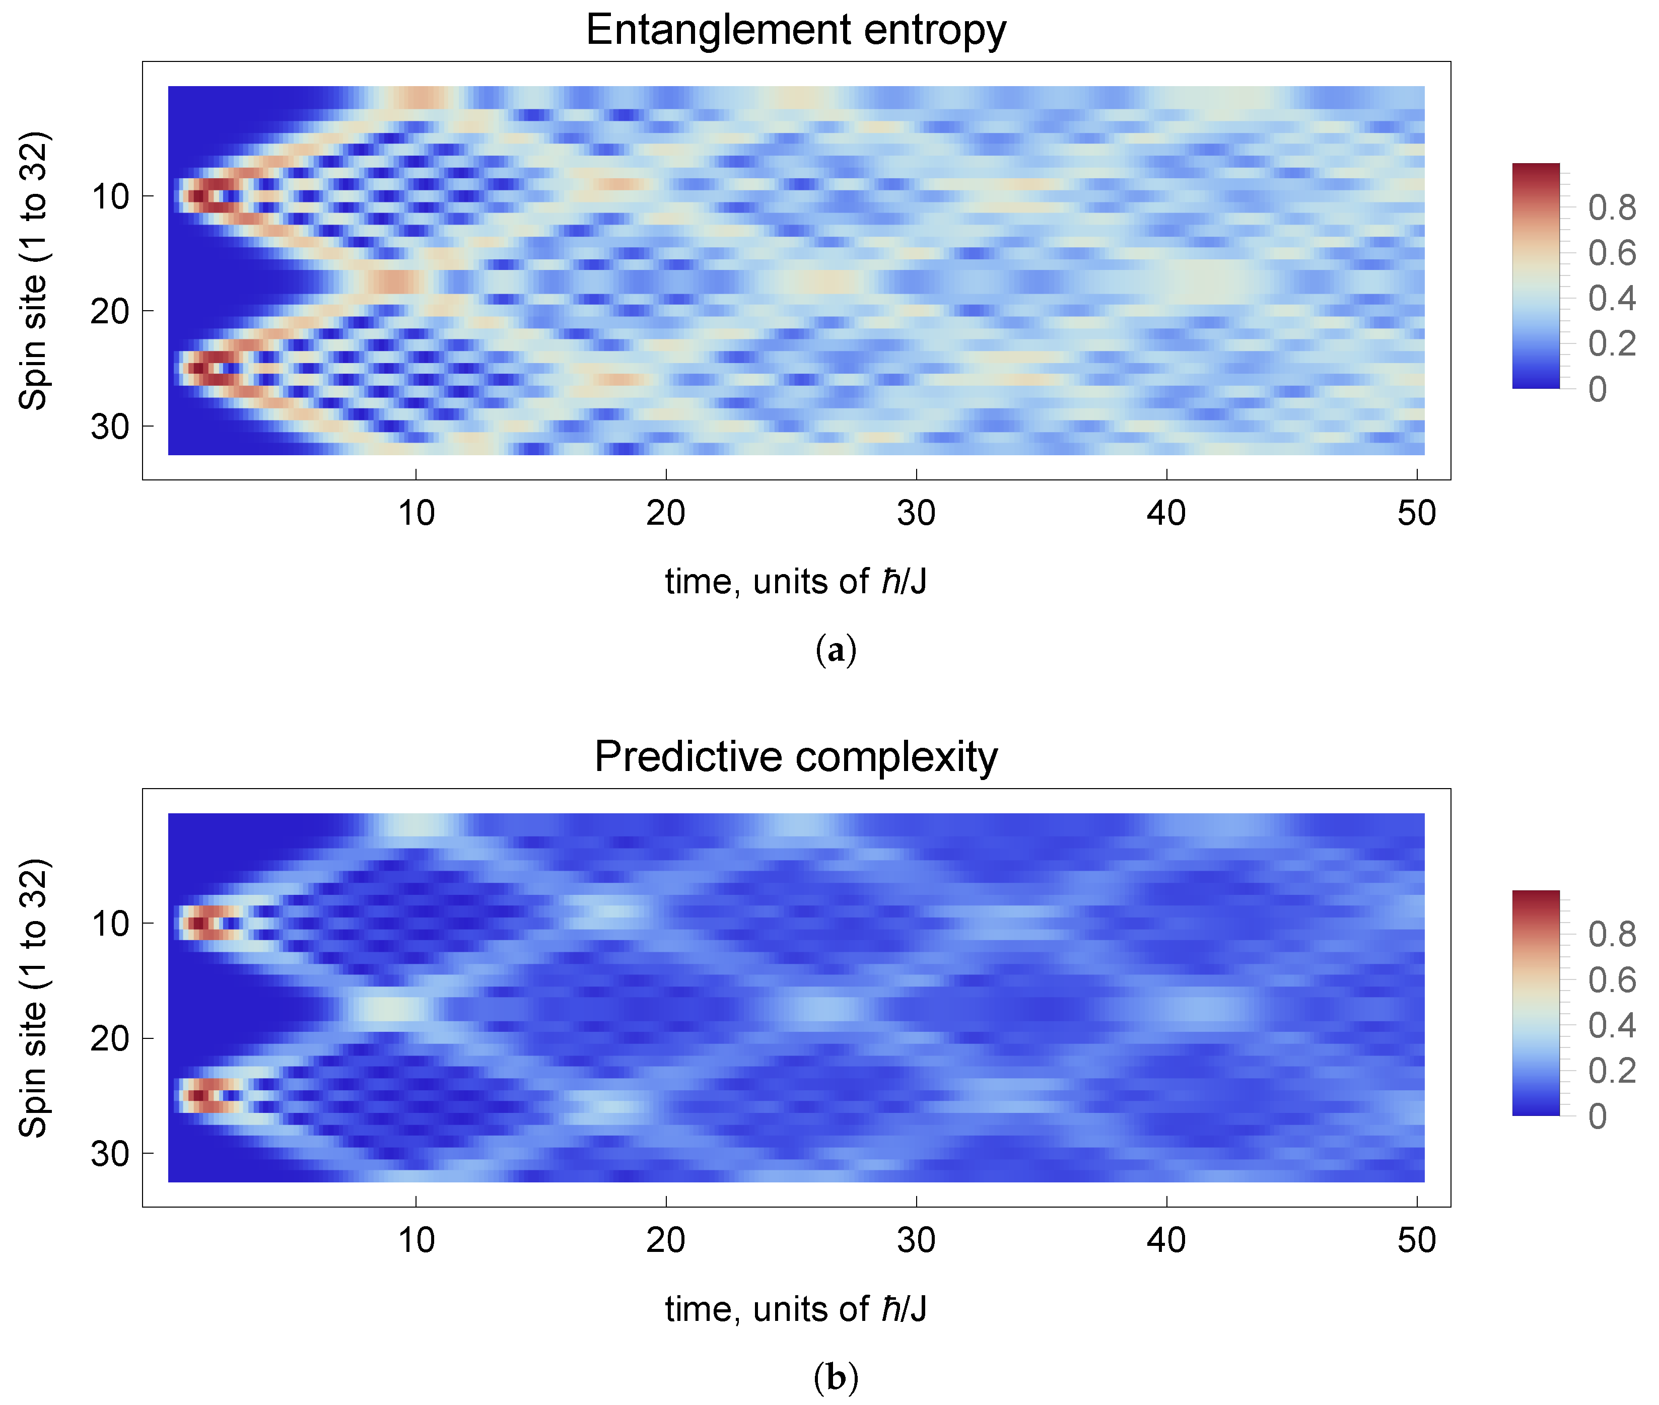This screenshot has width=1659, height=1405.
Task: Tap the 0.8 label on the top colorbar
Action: click(x=1611, y=208)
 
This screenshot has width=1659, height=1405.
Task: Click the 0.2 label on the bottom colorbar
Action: click(x=1611, y=1071)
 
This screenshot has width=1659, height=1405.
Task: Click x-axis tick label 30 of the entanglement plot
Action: click(x=916, y=514)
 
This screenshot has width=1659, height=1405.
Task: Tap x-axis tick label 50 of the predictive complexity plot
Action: click(x=1416, y=1240)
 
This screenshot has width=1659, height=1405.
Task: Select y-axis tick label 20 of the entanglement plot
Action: click(x=110, y=311)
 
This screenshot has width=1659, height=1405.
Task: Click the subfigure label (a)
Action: click(x=836, y=650)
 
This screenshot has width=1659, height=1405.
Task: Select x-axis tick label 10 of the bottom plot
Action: click(x=416, y=1240)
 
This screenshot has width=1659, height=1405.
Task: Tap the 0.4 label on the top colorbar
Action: click(x=1611, y=299)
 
